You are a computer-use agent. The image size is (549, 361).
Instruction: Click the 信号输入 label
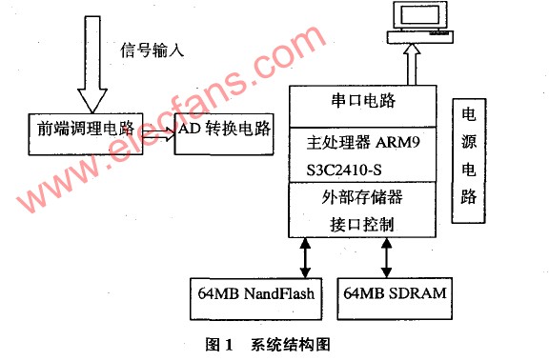[152, 50]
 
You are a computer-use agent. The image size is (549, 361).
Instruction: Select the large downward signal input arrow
[92, 65]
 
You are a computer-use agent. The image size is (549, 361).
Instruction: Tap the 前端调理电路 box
[86, 134]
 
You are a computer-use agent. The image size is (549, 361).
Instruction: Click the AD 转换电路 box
[224, 134]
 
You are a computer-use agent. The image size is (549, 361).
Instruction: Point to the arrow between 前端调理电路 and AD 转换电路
[158, 134]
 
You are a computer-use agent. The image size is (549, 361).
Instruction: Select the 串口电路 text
[363, 100]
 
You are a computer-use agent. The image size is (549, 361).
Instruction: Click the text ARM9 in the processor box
[397, 142]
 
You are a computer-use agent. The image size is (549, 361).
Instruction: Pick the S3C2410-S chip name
[344, 170]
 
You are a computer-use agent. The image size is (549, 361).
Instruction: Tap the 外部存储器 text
[362, 197]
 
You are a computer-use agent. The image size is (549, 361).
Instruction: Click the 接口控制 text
[362, 224]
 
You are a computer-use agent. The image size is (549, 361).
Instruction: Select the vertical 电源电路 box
[469, 161]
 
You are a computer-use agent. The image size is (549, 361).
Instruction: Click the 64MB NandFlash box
[256, 299]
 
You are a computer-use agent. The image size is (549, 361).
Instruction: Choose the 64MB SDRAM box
[395, 298]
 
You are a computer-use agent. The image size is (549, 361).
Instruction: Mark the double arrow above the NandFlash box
[305, 258]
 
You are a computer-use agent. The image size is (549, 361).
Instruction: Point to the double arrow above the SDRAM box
[387, 258]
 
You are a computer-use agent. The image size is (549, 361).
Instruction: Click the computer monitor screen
[419, 14]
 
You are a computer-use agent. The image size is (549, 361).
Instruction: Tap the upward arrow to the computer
[412, 65]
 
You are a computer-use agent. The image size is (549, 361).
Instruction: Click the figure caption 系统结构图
[291, 345]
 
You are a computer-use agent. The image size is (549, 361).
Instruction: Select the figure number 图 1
[219, 345]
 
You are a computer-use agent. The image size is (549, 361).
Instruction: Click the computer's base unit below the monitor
[419, 37]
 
